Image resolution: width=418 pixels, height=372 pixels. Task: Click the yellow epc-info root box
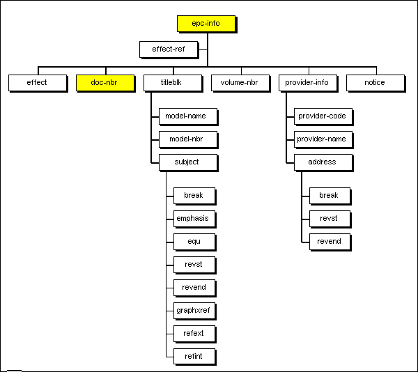pos(206,24)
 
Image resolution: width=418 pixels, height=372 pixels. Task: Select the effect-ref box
pos(169,49)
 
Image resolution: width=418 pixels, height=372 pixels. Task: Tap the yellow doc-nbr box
pos(104,82)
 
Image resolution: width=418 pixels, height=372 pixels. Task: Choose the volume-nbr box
pos(240,82)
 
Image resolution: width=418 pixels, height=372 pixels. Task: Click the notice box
pos(374,82)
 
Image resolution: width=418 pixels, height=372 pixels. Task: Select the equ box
pos(194,241)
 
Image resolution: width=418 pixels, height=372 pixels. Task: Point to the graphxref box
pos(194,310)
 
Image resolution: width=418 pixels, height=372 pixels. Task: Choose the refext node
pos(194,333)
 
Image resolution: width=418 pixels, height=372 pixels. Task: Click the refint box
pos(194,356)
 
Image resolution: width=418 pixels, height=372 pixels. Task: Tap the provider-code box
pos(322,116)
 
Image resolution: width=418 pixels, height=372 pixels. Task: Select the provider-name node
pos(322,139)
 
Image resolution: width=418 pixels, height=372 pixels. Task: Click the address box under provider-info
pos(322,162)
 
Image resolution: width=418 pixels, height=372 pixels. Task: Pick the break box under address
pos(329,195)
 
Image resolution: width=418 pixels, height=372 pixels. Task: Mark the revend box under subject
pos(194,287)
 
